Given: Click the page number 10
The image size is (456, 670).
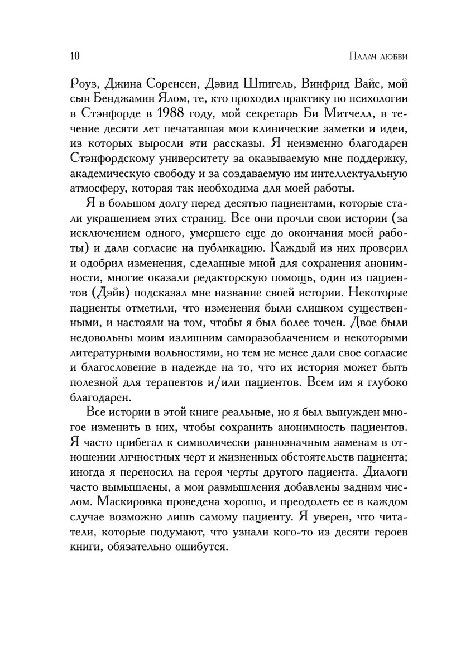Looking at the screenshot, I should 75,56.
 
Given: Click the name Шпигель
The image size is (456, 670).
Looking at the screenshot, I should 268,85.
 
